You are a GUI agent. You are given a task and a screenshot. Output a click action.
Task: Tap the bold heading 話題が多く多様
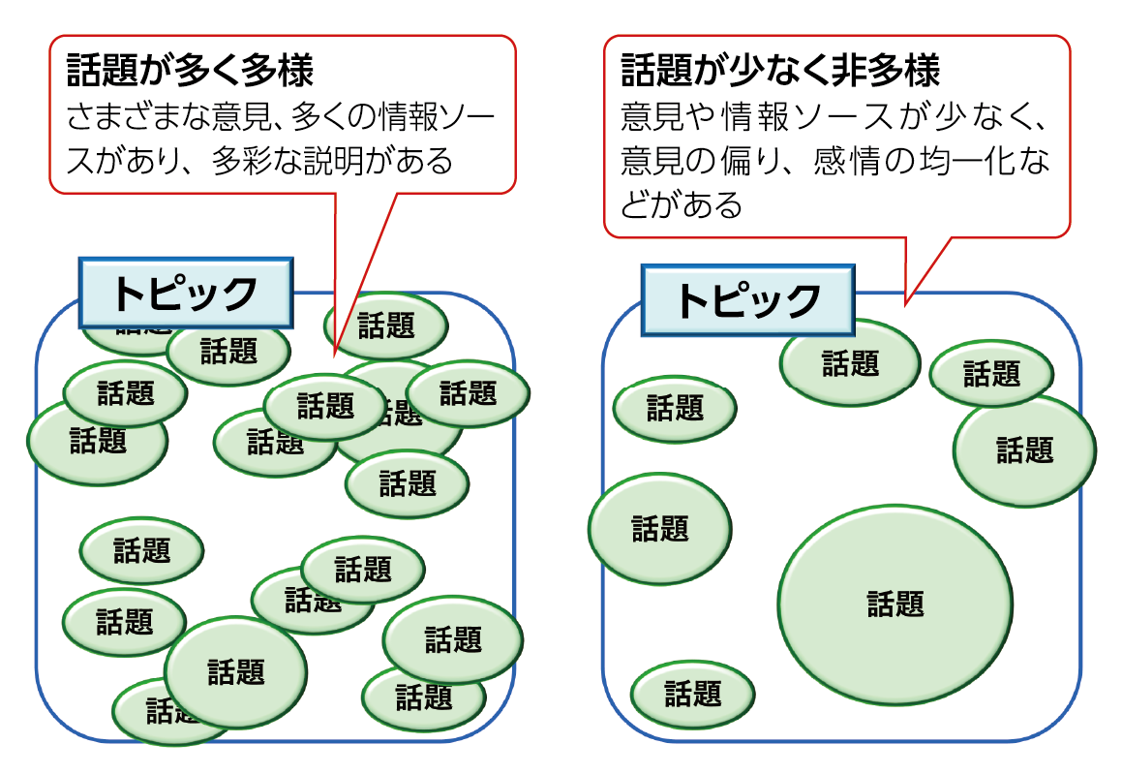coord(190,72)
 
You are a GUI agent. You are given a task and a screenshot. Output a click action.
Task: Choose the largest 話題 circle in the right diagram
coord(895,604)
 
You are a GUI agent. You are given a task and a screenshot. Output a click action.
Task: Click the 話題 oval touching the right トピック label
coord(850,363)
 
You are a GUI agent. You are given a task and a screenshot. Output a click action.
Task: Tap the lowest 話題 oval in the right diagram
coord(692,694)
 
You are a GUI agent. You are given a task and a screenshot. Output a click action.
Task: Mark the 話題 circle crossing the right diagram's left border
coord(659,529)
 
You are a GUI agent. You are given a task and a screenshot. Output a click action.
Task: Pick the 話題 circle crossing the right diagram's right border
coord(1024,449)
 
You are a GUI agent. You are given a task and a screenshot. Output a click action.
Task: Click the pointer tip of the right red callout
coord(906,304)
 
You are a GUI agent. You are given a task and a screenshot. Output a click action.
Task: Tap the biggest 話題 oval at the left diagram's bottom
coord(235,670)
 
